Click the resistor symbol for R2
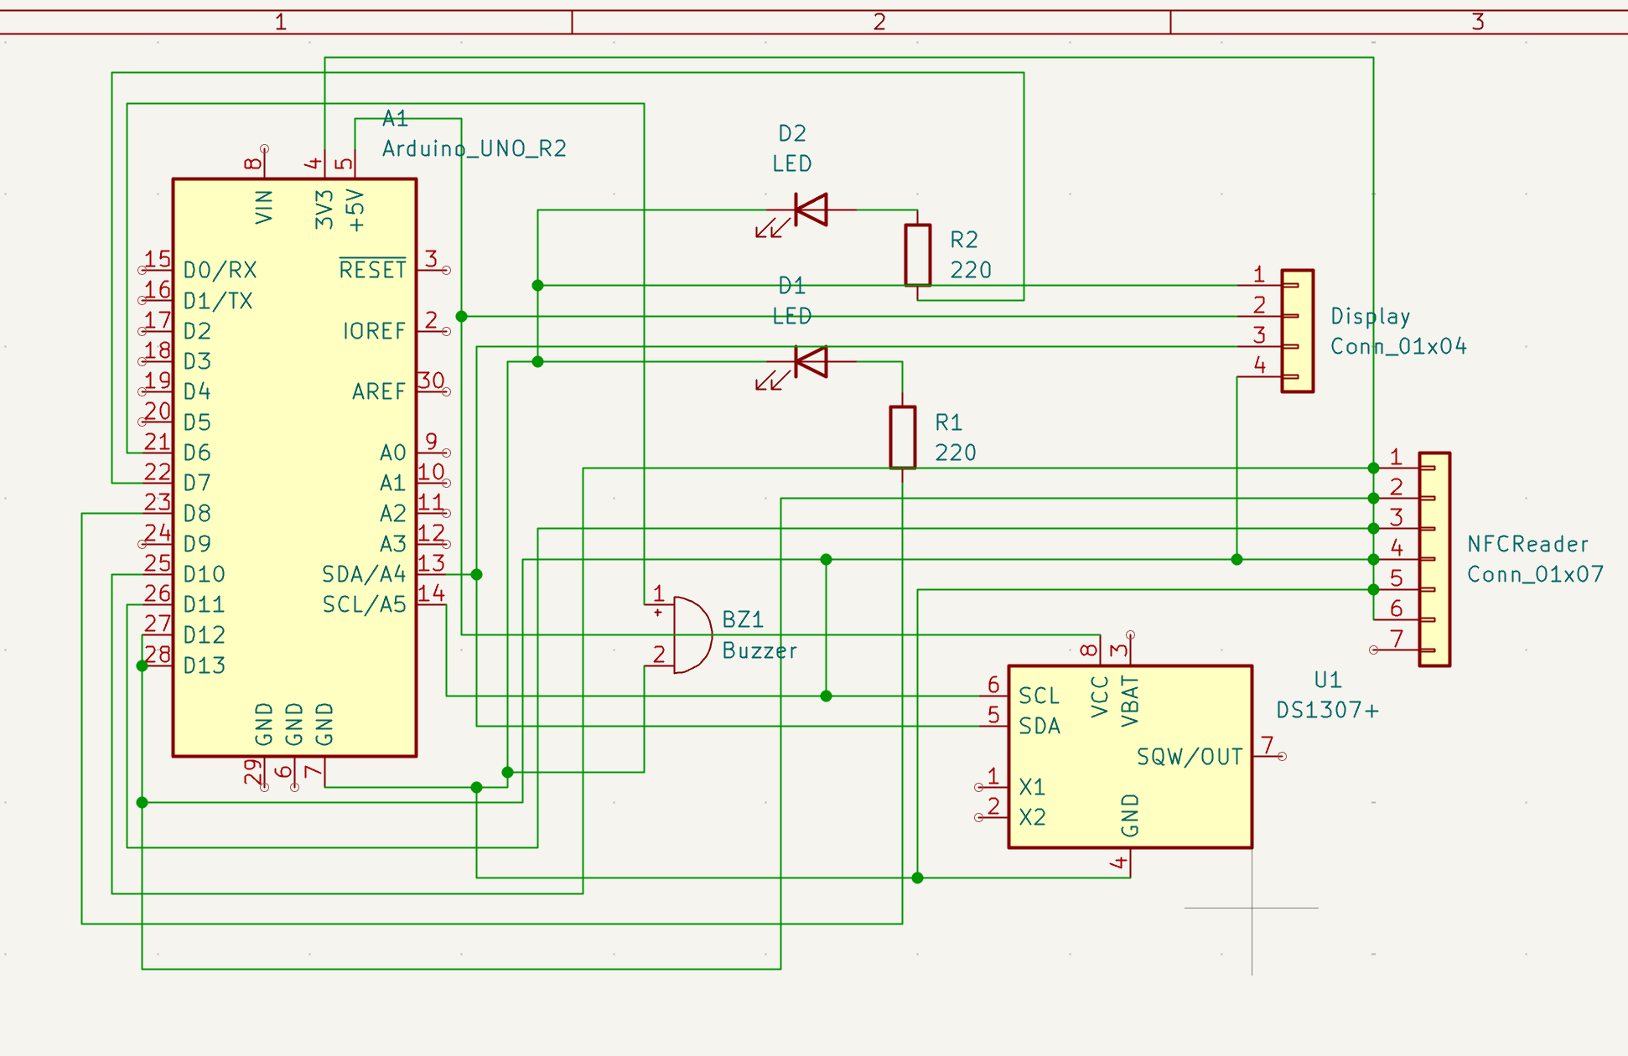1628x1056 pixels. (917, 255)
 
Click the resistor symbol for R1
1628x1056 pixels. (902, 437)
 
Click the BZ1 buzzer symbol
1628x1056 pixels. (691, 634)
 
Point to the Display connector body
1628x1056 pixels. (1297, 331)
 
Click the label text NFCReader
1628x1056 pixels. (1527, 545)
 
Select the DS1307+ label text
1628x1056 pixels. (1327, 711)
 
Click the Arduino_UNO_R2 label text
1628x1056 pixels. (474, 149)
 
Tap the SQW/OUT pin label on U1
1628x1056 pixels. (1189, 757)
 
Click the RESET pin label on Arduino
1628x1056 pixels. (372, 270)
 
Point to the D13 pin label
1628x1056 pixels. (205, 665)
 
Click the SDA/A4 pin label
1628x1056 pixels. (364, 574)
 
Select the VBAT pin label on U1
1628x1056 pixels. (1130, 701)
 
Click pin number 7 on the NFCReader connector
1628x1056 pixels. (1397, 639)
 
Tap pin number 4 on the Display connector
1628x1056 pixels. (1259, 365)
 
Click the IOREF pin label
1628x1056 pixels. (374, 331)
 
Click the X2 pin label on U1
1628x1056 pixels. (1032, 817)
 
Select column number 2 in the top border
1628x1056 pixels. (879, 22)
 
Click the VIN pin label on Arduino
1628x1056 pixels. (264, 207)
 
